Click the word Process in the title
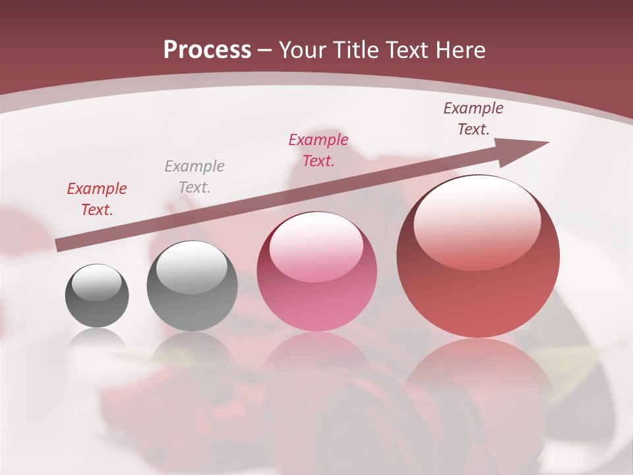pyautogui.click(x=207, y=50)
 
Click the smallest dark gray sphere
pyautogui.click(x=97, y=296)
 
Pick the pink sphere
pyautogui.click(x=316, y=272)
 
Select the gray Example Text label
pyautogui.click(x=195, y=177)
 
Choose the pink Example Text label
pyautogui.click(x=318, y=150)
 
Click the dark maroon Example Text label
pyautogui.click(x=473, y=119)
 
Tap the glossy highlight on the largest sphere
pyautogui.click(x=477, y=224)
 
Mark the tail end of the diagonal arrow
pyautogui.click(x=59, y=245)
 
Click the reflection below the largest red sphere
pyautogui.click(x=477, y=376)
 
